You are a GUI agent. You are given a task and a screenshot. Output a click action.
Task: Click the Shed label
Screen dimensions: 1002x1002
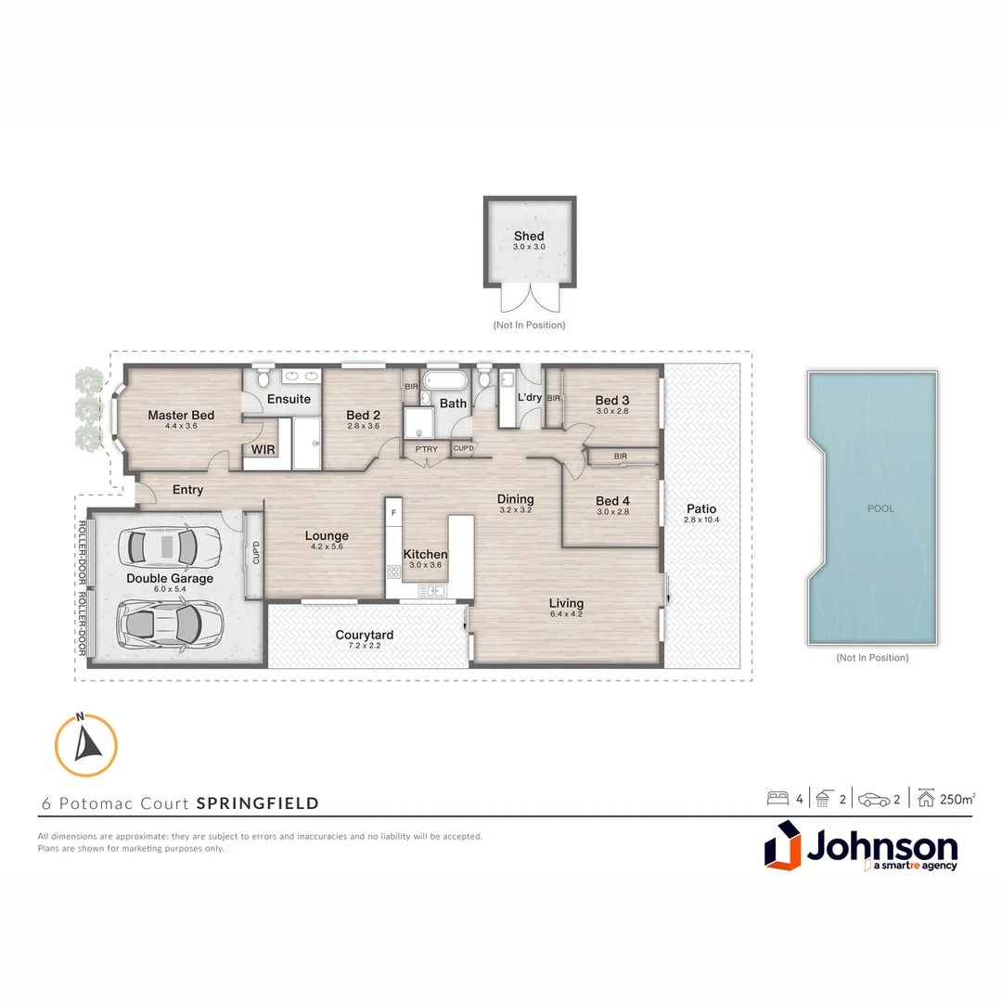coord(529,236)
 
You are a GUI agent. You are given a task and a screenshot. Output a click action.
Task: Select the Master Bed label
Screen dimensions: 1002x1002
coord(181,415)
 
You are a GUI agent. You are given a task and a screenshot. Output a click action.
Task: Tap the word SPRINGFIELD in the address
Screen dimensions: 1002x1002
coord(258,803)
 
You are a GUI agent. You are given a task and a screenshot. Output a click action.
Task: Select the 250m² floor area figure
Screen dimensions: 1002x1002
coord(957,798)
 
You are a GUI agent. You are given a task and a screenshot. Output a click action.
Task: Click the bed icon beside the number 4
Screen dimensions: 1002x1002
coord(777,798)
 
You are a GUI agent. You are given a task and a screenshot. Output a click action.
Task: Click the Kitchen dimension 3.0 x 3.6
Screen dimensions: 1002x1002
coord(425,565)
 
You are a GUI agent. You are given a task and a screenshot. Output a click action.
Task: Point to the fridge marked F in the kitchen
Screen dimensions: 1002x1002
coord(394,512)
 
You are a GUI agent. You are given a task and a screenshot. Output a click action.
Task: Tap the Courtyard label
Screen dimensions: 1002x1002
coord(365,635)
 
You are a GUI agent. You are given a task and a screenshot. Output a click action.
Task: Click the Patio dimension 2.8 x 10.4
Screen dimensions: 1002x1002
coord(700,520)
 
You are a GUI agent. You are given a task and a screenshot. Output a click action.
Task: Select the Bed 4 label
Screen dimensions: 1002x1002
coord(613,501)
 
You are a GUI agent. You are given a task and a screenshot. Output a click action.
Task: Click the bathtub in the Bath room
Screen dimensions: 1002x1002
coord(453,381)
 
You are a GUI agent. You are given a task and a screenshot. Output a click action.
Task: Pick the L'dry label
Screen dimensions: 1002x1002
coord(530,397)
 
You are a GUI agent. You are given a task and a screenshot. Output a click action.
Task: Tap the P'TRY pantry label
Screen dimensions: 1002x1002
coord(426,449)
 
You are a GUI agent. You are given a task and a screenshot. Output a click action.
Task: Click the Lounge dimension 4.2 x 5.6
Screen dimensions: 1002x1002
coord(327,546)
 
